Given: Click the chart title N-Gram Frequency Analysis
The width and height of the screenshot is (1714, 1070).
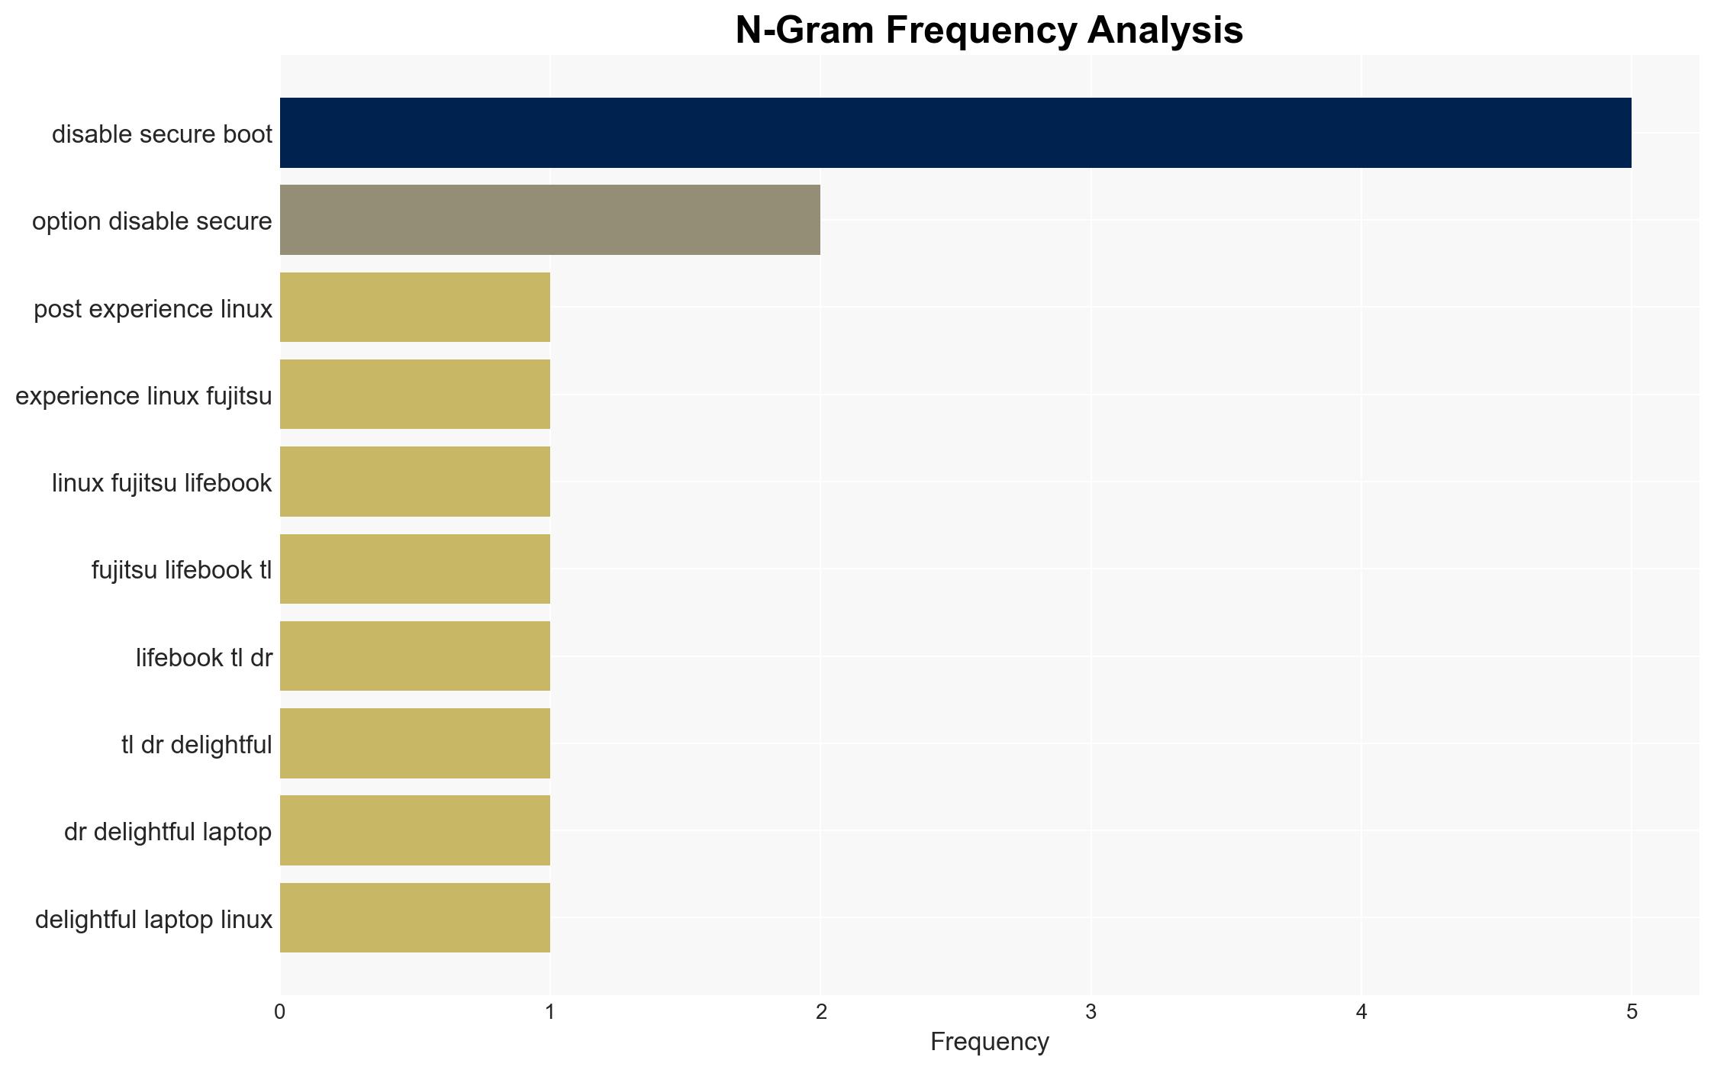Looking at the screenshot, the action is tap(989, 31).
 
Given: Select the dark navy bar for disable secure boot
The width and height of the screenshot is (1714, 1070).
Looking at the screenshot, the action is tap(955, 133).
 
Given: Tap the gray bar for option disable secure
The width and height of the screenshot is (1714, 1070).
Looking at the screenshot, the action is tap(550, 220).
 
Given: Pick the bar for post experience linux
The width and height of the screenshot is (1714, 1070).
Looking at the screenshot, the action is tap(415, 307).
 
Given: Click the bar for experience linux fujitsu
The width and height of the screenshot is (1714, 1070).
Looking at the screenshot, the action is tap(415, 394).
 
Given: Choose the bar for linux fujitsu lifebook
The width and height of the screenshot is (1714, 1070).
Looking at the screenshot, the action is tap(415, 482).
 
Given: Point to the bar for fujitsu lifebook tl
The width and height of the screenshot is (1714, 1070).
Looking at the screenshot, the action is tap(415, 569).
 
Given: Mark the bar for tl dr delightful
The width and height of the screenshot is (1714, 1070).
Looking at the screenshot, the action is tap(415, 743).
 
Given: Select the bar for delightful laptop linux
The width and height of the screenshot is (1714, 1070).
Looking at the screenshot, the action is tap(415, 917).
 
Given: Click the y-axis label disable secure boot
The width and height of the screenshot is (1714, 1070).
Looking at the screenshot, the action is tap(162, 134).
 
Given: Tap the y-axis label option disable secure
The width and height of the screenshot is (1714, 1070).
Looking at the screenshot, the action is tap(152, 221).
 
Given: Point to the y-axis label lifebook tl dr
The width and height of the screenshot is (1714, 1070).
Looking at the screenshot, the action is tap(204, 658).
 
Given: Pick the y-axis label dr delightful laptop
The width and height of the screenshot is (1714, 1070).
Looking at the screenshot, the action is tap(168, 832).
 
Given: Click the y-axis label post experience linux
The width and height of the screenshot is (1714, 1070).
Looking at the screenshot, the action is tap(153, 309).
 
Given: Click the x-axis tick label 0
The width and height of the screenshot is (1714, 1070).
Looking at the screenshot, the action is tap(280, 1012).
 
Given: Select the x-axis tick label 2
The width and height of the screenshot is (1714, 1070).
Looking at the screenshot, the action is tap(820, 1012).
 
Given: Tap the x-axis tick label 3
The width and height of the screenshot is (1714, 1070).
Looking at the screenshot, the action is tap(1091, 1012).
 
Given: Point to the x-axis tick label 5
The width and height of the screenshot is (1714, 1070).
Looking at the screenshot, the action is tap(1632, 1012).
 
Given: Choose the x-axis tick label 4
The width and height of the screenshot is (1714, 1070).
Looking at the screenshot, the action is tap(1361, 1012).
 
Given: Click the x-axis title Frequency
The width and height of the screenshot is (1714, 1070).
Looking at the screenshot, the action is tap(989, 1043).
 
